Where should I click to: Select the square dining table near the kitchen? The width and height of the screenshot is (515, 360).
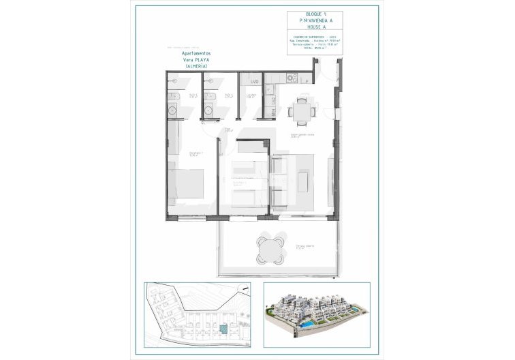[x=300, y=110]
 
